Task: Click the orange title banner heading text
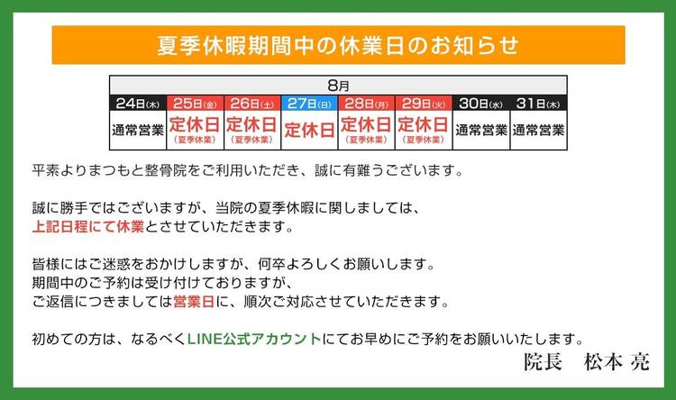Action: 338,45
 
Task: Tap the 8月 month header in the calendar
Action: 338,86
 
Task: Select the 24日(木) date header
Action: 138,104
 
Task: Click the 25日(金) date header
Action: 195,104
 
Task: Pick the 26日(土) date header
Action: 252,104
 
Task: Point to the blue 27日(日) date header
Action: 309,104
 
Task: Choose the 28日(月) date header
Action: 367,104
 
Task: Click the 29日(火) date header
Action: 424,104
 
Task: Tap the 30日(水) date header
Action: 480,104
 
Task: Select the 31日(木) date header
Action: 538,104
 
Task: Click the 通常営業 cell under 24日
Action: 138,130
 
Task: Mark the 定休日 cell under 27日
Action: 309,130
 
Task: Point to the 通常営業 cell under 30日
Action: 481,130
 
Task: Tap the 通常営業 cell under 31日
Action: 538,130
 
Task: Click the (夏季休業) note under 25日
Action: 195,140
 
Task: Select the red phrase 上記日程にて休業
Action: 88,226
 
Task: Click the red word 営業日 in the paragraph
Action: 194,301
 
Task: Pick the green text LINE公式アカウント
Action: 254,339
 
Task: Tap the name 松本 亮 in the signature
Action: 617,362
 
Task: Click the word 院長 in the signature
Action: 544,362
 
